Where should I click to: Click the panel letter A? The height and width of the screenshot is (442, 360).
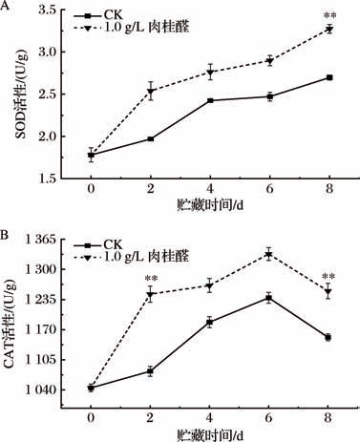pos(5,6)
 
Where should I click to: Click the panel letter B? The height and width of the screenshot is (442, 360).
pos(5,235)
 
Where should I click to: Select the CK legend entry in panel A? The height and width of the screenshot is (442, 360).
pos(97,15)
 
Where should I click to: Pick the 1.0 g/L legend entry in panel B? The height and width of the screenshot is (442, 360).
pos(131,256)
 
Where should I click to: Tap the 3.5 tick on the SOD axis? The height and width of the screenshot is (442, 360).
pos(48,11)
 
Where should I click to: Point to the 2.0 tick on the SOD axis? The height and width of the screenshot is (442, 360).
pos(48,137)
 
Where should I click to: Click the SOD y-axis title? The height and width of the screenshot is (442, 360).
pos(22,95)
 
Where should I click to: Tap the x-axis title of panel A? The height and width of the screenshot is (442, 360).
pos(210,205)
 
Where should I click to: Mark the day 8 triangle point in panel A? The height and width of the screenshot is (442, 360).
pos(329,30)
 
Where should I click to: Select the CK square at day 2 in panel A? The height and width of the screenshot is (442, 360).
pos(151,139)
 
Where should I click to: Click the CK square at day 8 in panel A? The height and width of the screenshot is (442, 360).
pos(329,77)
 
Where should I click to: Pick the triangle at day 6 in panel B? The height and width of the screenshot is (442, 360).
pos(269,255)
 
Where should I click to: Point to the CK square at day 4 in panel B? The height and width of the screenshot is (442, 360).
pos(209,322)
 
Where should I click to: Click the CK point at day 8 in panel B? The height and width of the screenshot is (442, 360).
pos(328,338)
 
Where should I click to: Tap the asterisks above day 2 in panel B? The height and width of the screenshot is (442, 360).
pos(151,279)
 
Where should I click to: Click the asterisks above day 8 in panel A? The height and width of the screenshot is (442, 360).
pos(329,16)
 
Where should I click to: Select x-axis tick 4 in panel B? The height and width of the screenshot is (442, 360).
pos(209,417)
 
